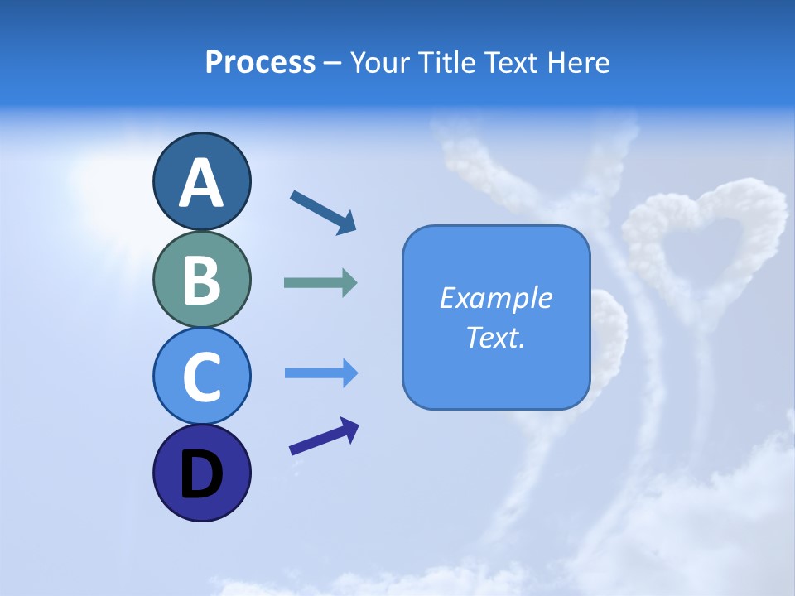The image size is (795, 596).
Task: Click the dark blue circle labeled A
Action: (x=201, y=181)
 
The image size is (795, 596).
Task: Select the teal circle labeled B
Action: (x=201, y=279)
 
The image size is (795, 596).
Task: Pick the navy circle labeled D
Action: (x=201, y=473)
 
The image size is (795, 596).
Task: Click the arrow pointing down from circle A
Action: (x=323, y=211)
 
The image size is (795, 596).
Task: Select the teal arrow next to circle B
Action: (x=320, y=283)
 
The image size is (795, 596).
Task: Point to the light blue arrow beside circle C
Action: (x=320, y=373)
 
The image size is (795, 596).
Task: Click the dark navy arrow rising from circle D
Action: (x=324, y=437)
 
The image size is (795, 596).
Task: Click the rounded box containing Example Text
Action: (x=496, y=317)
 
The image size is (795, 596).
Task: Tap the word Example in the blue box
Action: (x=496, y=298)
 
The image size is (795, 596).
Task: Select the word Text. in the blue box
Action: (x=496, y=337)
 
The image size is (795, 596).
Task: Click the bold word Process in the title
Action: (x=260, y=62)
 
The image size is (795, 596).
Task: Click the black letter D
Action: (x=201, y=474)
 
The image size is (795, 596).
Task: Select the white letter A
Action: (x=201, y=183)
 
